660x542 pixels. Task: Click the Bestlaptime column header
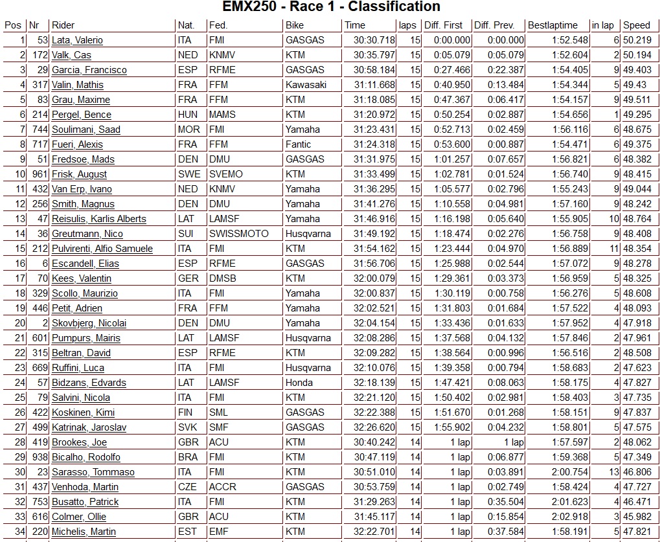coord(552,25)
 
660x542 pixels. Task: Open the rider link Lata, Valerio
coord(77,40)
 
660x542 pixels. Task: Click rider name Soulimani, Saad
coord(86,130)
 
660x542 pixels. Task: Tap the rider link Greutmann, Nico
coord(87,234)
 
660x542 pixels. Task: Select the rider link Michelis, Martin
coord(84,532)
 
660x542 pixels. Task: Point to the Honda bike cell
coord(299,383)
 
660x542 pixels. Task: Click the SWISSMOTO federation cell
coord(238,234)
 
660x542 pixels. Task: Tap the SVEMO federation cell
coord(225,174)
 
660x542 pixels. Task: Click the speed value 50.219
coord(637,40)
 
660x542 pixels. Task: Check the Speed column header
coord(636,25)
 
